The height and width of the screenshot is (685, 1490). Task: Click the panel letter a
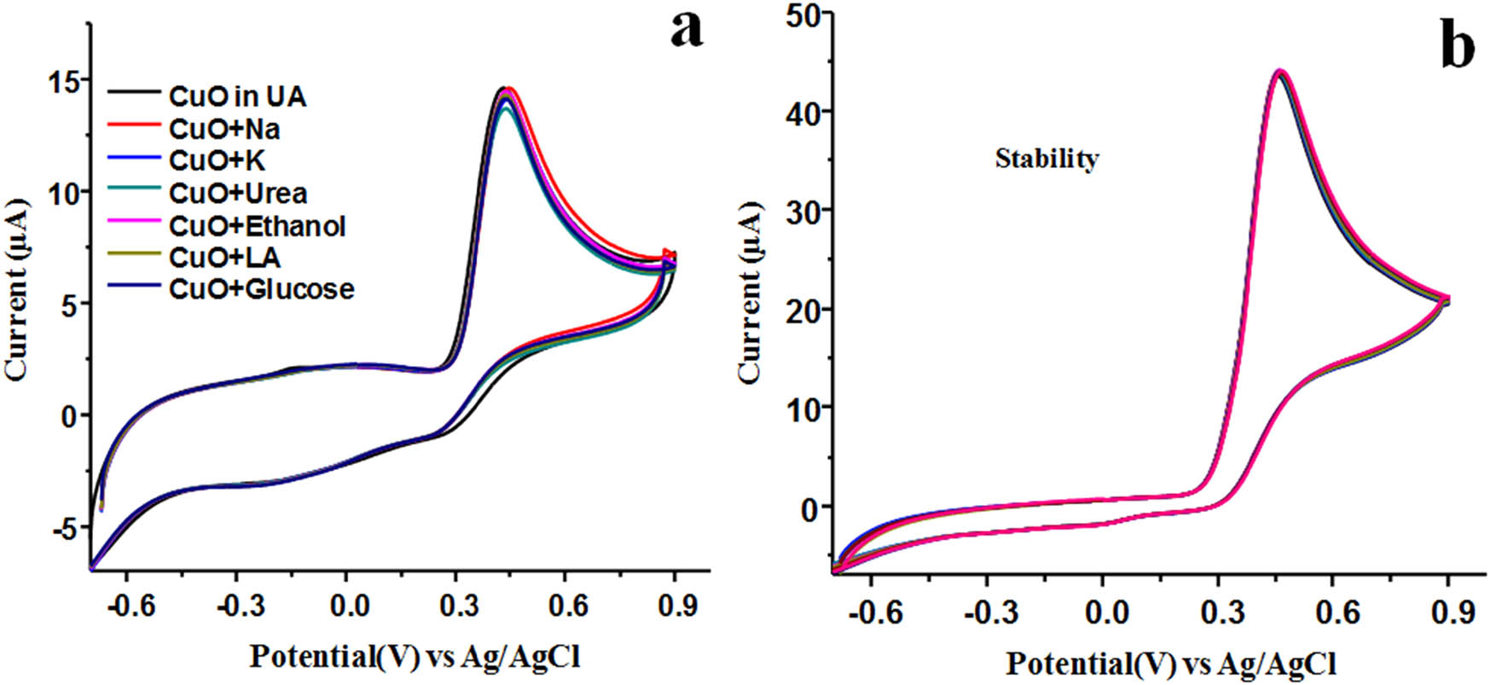(x=687, y=32)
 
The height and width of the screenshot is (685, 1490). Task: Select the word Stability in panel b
(x=1046, y=158)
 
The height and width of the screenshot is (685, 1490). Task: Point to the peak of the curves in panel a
(x=505, y=89)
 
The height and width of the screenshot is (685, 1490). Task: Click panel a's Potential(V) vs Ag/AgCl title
(x=415, y=655)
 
